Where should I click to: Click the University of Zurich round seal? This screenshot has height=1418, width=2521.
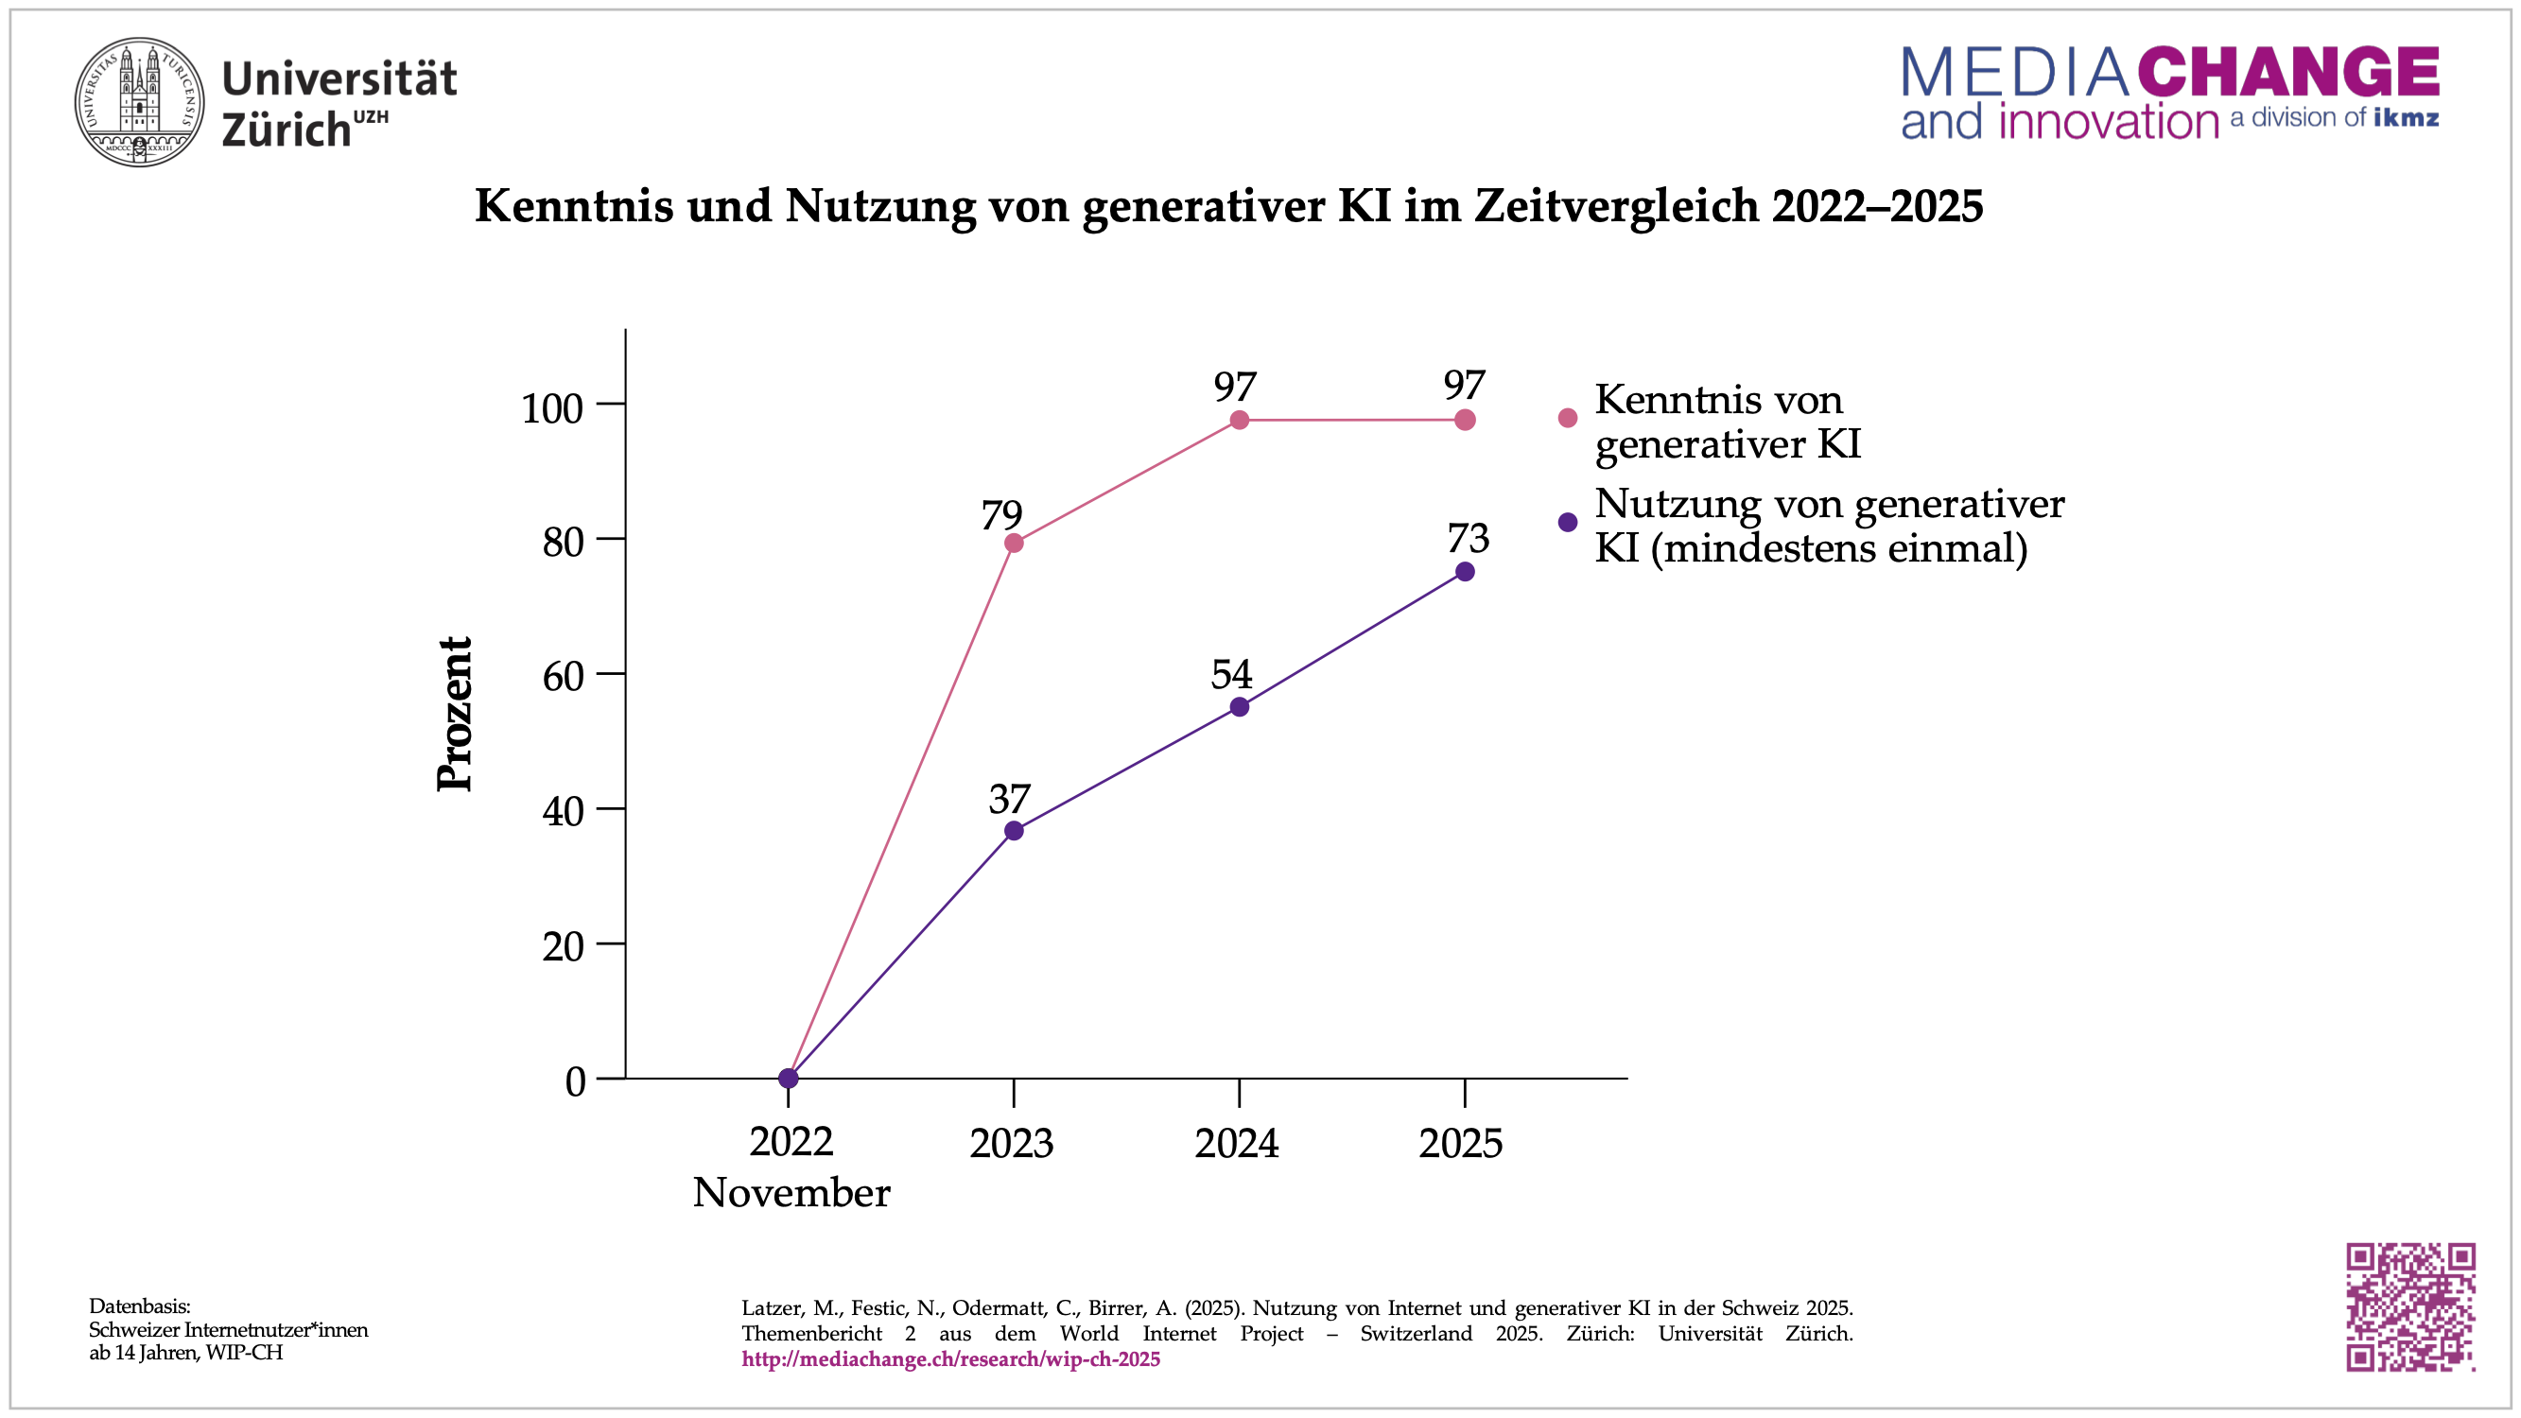(x=140, y=102)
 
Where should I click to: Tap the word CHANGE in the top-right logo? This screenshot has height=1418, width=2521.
(x=2287, y=73)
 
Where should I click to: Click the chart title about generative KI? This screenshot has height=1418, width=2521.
(x=1228, y=205)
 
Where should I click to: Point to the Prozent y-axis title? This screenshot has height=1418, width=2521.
(x=455, y=714)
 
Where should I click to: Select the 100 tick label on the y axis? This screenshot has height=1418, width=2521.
(x=552, y=408)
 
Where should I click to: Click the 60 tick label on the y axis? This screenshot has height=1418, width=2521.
(x=563, y=676)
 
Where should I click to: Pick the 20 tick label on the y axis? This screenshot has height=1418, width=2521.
(x=563, y=946)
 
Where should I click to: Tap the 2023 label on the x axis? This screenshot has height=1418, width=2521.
(x=1011, y=1143)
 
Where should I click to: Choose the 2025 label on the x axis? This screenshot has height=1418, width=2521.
(x=1460, y=1143)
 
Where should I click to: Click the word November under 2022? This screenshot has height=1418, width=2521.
(x=791, y=1193)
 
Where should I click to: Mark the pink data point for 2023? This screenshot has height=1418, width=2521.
(x=1014, y=544)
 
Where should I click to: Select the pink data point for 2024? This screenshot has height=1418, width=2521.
(x=1239, y=420)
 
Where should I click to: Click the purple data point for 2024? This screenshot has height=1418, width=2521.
(x=1239, y=706)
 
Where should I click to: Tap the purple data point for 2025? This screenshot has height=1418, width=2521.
(x=1465, y=572)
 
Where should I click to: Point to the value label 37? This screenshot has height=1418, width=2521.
(x=1009, y=800)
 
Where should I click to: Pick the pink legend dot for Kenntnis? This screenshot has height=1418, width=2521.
(x=1568, y=418)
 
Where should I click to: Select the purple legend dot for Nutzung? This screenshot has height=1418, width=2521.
(x=1568, y=523)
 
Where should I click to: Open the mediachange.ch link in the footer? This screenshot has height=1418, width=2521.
(x=950, y=1359)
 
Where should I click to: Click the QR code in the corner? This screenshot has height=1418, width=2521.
(x=2409, y=1306)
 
